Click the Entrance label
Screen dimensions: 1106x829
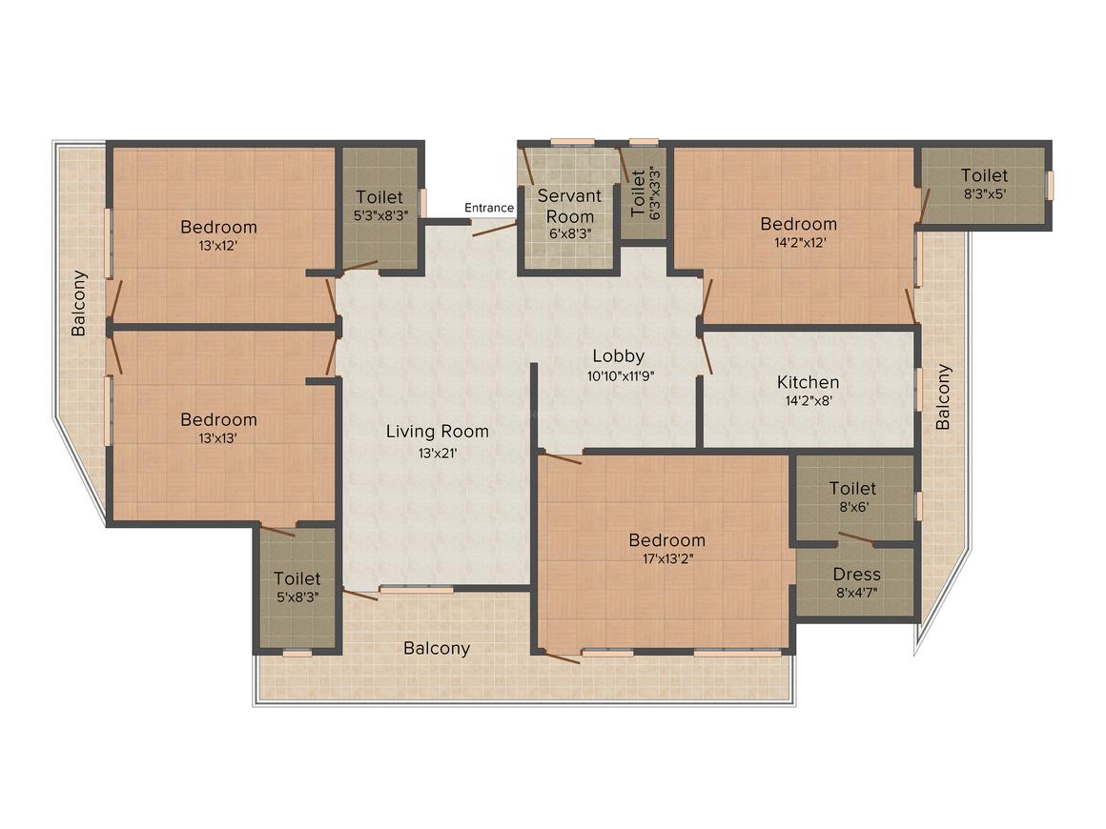pos(489,208)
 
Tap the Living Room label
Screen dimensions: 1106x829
pos(438,432)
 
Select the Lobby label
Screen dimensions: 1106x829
pos(619,356)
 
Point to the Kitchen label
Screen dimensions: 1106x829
pos(809,382)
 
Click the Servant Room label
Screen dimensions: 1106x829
pos(570,206)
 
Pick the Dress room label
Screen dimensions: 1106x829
pos(857,574)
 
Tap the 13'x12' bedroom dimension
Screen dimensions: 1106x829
pos(218,246)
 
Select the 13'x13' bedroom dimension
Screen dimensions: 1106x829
pos(218,438)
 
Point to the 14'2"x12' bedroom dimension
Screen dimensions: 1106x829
pos(798,243)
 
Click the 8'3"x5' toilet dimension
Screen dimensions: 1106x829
pos(985,193)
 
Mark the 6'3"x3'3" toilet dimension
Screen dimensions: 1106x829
pos(655,192)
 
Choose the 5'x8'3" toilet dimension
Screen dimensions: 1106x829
pos(297,597)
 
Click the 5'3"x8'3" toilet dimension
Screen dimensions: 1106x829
pos(380,216)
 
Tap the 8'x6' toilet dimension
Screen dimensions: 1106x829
pos(853,507)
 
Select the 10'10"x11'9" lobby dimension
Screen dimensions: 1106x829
pos(621,375)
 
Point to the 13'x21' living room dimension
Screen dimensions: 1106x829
pos(438,454)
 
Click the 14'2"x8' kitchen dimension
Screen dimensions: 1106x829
pos(809,401)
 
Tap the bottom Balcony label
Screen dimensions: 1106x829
pos(437,648)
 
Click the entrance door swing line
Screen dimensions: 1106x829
pos(495,228)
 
